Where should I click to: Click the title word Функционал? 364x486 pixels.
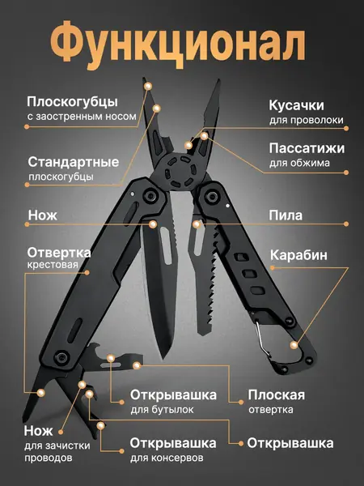[181, 41]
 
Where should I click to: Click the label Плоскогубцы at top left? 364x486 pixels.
[73, 102]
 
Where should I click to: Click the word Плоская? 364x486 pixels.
[277, 395]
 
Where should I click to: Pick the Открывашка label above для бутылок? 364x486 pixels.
[173, 395]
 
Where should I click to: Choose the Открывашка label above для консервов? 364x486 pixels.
[173, 443]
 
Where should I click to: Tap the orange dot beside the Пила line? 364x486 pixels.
[197, 223]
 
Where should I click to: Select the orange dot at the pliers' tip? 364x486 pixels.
[148, 84]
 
